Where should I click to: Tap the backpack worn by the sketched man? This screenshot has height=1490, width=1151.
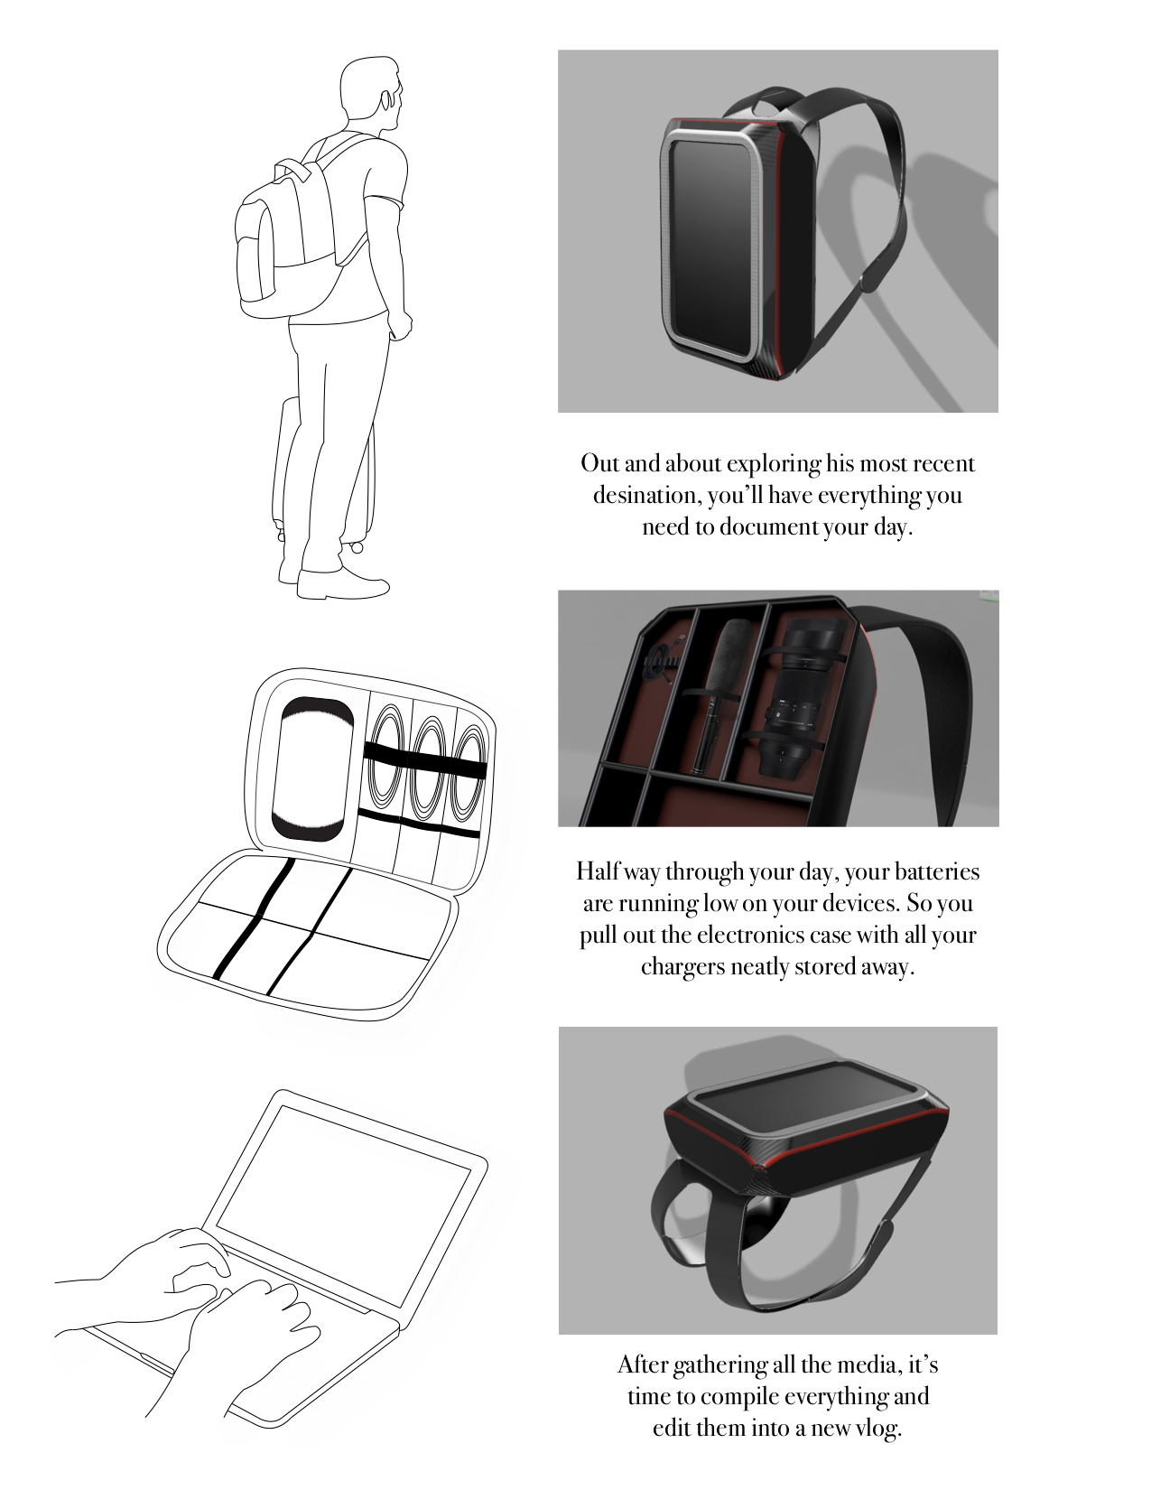(x=288, y=240)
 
